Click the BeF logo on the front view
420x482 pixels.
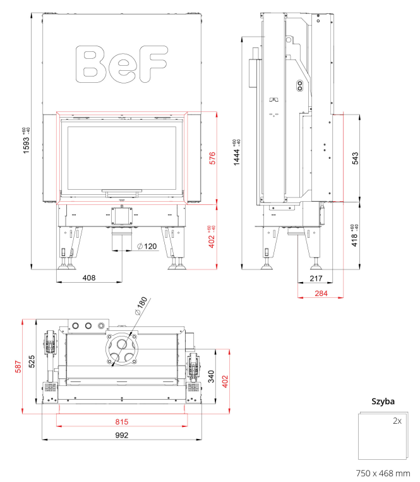tap(121, 65)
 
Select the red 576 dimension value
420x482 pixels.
tap(212, 158)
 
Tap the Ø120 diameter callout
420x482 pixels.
tap(147, 246)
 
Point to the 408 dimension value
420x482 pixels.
tap(89, 278)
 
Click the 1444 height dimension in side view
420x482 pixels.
tap(237, 153)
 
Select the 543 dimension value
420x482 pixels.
tap(355, 158)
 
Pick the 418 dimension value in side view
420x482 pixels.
tap(354, 236)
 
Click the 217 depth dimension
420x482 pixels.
tap(316, 278)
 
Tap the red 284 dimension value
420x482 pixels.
tap(321, 294)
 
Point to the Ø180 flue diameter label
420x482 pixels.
tap(141, 306)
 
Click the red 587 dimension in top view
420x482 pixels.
tap(18, 367)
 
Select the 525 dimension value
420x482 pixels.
tap(32, 362)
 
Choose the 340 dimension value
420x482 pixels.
tap(211, 376)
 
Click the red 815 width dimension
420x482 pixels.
tap(121, 422)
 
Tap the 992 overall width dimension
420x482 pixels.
tap(121, 435)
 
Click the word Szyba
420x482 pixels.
tap(383, 402)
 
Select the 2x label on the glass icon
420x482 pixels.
tap(397, 421)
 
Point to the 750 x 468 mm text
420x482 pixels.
tap(383, 473)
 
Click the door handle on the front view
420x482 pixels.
tap(122, 193)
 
